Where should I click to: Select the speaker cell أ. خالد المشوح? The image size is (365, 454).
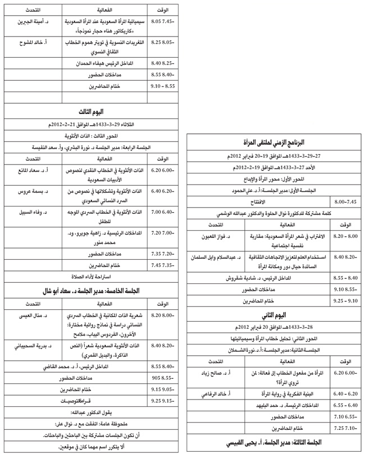tap(30, 42)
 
